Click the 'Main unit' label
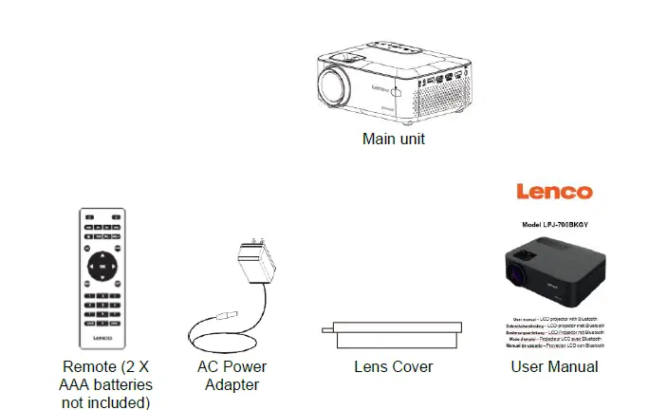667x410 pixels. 394,139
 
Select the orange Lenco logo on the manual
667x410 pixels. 554,192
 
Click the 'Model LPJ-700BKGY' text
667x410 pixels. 554,225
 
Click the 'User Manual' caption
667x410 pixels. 554,366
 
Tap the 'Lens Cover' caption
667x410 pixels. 393,366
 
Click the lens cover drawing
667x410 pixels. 393,330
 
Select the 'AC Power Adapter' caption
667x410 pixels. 232,375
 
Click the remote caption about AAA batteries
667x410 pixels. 106,384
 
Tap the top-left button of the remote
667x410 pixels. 88,217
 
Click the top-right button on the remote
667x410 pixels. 116,217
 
